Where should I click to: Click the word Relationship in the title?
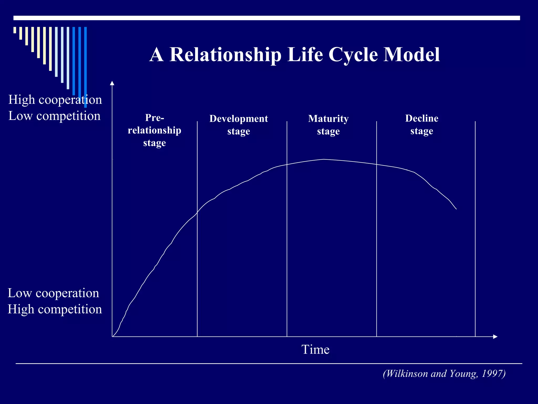point(225,55)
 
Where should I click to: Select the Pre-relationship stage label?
point(154,130)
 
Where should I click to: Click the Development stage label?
point(239,125)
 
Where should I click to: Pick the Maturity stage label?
point(328,125)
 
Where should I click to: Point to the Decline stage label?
point(422,124)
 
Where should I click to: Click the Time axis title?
point(315,350)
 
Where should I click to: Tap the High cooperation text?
point(55,100)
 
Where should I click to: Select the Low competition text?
point(54,116)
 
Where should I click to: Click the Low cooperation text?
point(53,293)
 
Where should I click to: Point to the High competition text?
point(55,309)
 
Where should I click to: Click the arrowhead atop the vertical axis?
point(112,83)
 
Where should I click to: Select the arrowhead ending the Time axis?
point(495,337)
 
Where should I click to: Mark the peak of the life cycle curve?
point(324,159)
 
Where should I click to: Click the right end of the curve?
point(456,209)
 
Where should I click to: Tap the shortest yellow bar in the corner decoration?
point(15,30)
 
